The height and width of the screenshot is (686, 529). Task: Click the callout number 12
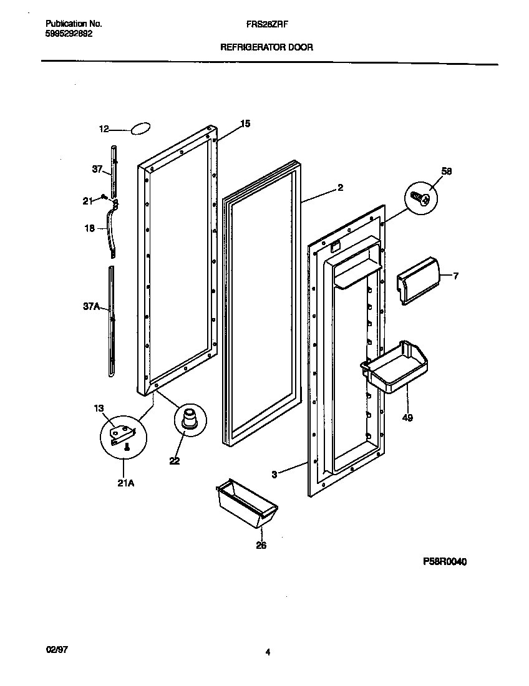click(104, 129)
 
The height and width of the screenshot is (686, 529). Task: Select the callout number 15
click(245, 124)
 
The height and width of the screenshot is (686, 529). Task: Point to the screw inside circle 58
click(420, 198)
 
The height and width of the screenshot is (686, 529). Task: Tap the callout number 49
click(407, 417)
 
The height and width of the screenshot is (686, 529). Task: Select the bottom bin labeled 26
click(246, 503)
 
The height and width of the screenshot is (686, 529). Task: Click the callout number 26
click(261, 546)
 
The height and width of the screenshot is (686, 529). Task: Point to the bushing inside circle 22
click(188, 418)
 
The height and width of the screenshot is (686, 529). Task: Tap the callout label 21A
click(126, 481)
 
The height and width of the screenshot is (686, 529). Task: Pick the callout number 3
click(275, 474)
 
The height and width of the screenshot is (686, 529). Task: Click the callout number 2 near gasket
click(340, 186)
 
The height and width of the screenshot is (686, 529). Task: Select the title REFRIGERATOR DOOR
click(266, 47)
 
